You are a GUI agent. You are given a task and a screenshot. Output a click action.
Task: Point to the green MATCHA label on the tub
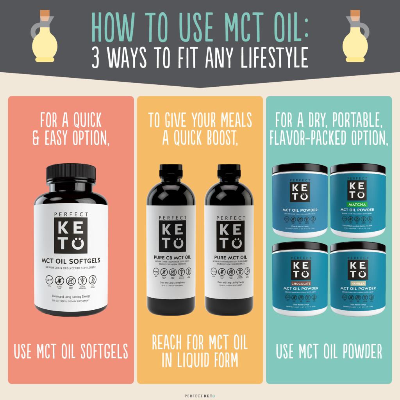(x=358, y=204)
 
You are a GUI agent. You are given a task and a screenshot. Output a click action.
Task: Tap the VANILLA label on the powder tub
(x=358, y=284)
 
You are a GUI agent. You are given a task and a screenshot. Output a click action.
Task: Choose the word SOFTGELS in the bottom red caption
(x=100, y=351)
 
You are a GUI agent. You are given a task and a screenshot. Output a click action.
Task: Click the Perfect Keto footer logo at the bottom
(x=200, y=395)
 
